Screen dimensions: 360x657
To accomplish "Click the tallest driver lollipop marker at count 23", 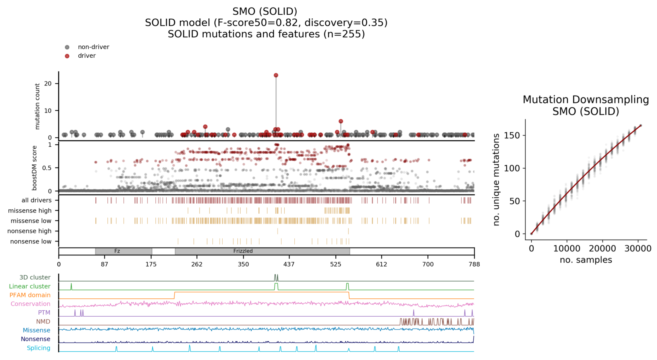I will click(x=276, y=75).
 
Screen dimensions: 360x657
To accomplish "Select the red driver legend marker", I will click(x=67, y=56).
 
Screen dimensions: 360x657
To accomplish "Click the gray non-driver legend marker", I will click(x=67, y=47).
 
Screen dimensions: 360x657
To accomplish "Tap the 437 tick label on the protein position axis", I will click(x=289, y=264).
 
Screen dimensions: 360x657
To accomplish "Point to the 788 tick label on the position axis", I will click(x=474, y=264).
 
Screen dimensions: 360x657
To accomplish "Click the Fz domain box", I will click(x=124, y=251).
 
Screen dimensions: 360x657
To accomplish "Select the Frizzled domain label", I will click(x=243, y=251).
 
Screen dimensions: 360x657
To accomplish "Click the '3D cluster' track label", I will click(x=35, y=278).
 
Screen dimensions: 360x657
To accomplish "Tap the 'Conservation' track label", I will click(x=31, y=304).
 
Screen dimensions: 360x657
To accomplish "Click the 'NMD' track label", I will click(x=43, y=321).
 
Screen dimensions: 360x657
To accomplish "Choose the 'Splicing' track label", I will click(x=39, y=348).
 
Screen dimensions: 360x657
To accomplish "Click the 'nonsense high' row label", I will click(x=29, y=231).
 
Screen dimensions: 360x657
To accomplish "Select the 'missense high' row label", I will click(x=30, y=211).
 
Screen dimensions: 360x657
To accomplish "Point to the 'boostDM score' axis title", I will click(x=35, y=168).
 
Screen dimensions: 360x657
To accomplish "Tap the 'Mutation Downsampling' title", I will click(x=585, y=100).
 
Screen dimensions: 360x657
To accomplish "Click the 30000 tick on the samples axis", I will click(x=638, y=249).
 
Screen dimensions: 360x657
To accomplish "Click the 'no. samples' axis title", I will click(x=585, y=260).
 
